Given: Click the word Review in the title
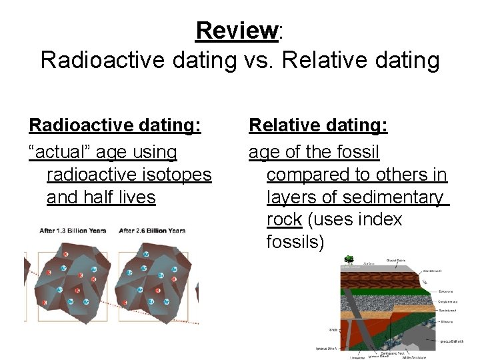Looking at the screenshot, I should (236, 31).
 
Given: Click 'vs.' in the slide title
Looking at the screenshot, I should (258, 60).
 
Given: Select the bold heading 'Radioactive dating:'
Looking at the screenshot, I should (115, 125).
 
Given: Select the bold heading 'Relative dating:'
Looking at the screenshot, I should (318, 125).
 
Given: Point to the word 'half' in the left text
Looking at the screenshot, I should (105, 197).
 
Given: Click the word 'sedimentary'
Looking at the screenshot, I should (402, 197).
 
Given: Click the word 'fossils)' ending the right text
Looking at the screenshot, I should (295, 242).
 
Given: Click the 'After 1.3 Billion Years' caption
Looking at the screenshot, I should (73, 231).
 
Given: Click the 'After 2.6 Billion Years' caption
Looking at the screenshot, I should (152, 231).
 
